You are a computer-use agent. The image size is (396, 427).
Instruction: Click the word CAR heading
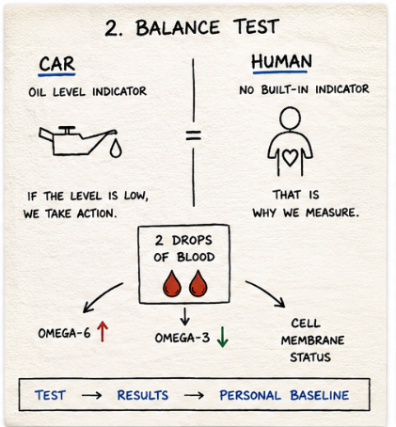tap(57, 64)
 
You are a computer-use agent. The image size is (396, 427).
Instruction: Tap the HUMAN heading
tap(281, 61)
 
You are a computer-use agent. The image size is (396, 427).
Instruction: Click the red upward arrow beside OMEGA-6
tap(103, 332)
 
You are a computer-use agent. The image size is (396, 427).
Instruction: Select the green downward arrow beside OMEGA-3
tap(222, 337)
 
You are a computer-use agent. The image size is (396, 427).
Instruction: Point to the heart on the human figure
tap(290, 157)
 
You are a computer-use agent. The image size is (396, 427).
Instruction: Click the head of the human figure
tap(290, 119)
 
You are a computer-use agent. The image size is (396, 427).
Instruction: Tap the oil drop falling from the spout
tap(116, 148)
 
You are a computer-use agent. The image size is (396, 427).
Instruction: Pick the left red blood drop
tap(172, 283)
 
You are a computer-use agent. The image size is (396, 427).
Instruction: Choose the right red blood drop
tap(198, 283)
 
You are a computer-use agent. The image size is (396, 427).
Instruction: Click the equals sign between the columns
tap(194, 135)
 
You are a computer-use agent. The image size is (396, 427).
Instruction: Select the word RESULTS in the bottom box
tap(143, 395)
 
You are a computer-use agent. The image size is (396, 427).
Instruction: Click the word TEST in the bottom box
tap(50, 395)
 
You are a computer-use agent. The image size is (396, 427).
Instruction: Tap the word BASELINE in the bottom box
tap(320, 395)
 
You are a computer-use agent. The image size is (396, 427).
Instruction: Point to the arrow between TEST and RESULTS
tap(91, 395)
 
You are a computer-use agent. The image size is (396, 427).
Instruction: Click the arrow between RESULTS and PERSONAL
tap(194, 395)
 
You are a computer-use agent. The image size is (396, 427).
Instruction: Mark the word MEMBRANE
tap(312, 340)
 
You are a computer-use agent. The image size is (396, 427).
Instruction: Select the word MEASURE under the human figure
tap(332, 213)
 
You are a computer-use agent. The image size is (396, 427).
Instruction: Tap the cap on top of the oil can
tap(67, 130)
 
